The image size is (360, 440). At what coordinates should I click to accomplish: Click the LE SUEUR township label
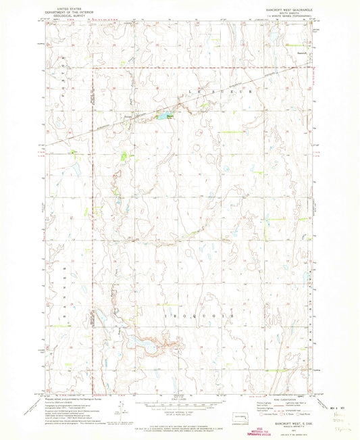pyautogui.click(x=233, y=91)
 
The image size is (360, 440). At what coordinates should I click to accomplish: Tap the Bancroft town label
pyautogui.click(x=303, y=52)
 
